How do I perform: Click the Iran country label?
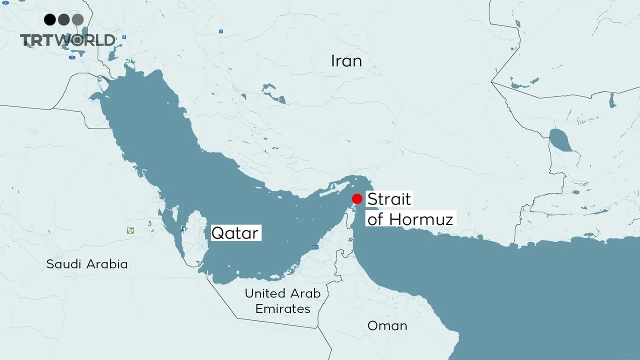point(346,61)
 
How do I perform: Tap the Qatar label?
point(235,233)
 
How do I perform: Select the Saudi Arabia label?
point(87,264)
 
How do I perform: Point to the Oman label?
point(387,326)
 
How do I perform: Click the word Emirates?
point(282,309)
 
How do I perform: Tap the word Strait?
point(389,199)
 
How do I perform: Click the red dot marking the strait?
point(357,198)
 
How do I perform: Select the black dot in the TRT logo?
point(49,19)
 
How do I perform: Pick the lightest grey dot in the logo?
point(77,19)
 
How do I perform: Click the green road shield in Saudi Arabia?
point(130,230)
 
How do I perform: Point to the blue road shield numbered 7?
point(220,31)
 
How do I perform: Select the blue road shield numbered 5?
point(124,37)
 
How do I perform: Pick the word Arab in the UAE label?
point(304,293)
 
